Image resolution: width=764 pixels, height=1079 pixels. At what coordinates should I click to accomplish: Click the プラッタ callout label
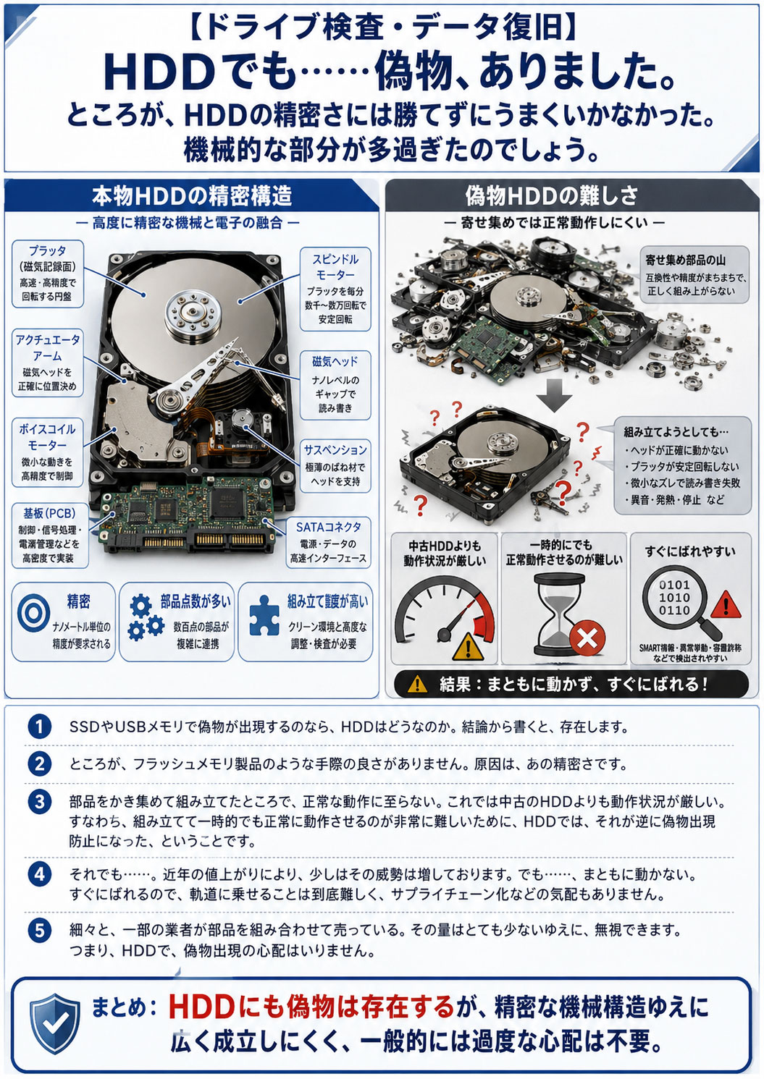click(48, 274)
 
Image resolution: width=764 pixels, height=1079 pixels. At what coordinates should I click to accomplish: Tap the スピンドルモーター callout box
click(335, 289)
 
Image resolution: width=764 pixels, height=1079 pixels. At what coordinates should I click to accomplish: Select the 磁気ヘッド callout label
click(335, 385)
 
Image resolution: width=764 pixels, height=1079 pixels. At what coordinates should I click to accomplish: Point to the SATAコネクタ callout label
click(328, 542)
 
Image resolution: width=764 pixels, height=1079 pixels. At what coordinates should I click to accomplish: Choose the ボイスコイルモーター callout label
click(47, 452)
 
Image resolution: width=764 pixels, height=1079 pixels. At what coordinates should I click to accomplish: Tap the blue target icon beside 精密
click(33, 613)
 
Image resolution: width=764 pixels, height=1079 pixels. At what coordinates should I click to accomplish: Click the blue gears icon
click(146, 617)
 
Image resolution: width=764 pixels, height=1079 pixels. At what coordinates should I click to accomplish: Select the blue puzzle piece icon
click(264, 615)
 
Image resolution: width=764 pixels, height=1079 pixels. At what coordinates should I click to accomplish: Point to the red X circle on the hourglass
click(587, 639)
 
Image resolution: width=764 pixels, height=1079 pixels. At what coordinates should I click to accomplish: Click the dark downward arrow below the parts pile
click(554, 395)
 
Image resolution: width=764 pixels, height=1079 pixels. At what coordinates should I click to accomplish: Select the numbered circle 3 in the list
click(40, 802)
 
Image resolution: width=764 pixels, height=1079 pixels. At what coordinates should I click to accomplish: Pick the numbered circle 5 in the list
click(40, 930)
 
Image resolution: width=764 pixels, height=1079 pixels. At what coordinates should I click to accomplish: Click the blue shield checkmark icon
click(56, 1023)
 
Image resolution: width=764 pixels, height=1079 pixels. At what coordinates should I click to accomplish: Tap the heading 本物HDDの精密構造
click(192, 195)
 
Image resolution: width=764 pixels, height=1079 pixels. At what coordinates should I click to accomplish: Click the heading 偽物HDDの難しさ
click(551, 195)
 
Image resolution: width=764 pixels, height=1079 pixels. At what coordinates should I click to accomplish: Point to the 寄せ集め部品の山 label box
click(695, 274)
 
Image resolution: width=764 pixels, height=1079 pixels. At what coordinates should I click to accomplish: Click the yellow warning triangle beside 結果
click(417, 684)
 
